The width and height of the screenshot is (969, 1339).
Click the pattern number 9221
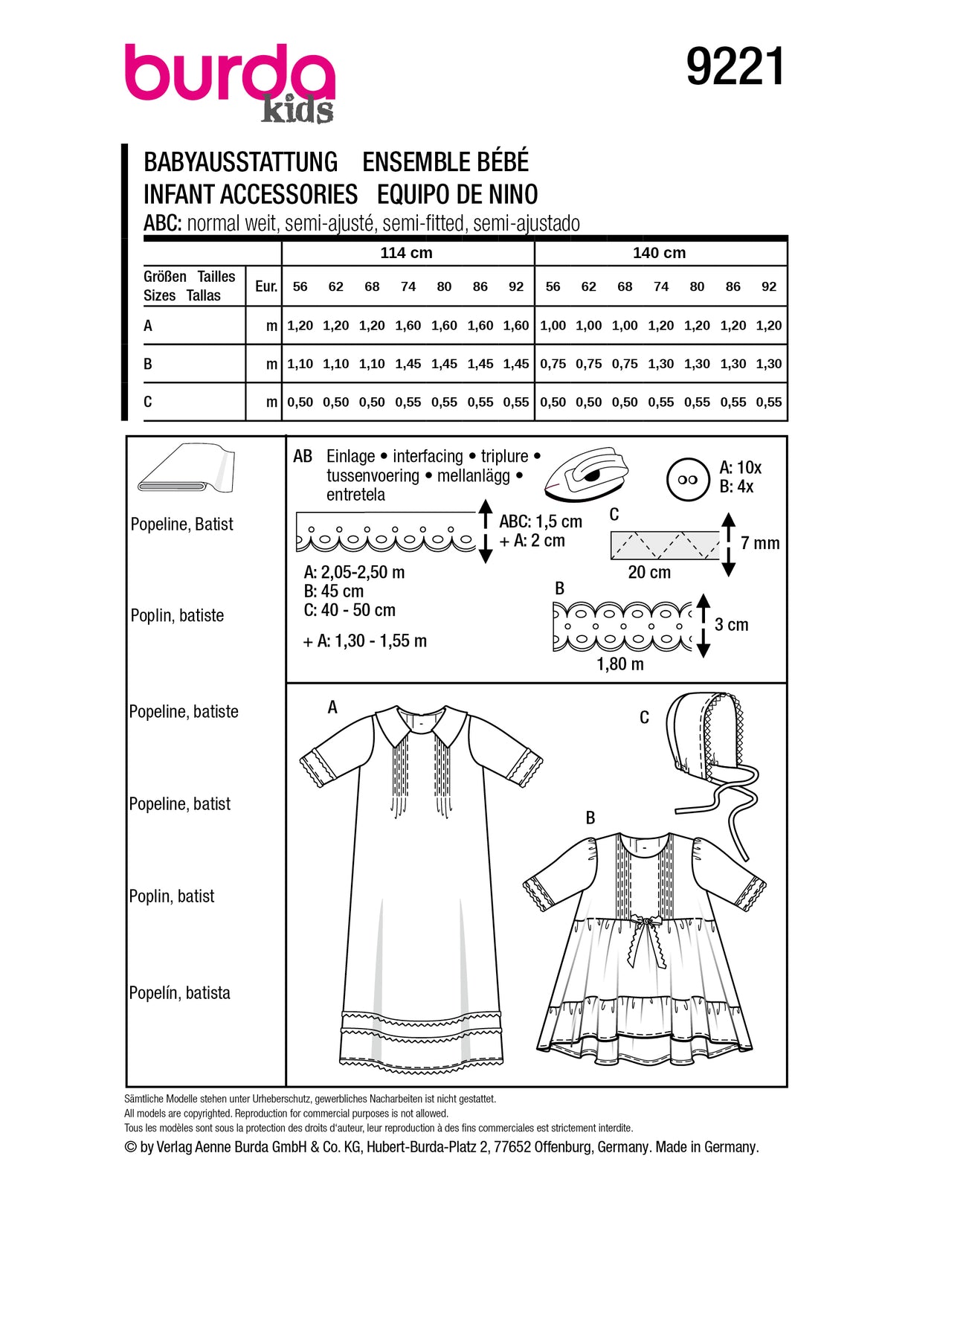[x=735, y=67]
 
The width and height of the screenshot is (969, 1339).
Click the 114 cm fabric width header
[x=406, y=253]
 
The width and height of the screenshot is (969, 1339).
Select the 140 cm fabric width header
[x=659, y=253]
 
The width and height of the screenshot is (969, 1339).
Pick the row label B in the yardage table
[x=148, y=364]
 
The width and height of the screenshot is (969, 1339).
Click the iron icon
[x=587, y=473]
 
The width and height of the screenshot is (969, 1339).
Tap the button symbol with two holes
[x=688, y=480]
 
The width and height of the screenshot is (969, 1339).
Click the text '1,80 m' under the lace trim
[x=620, y=664]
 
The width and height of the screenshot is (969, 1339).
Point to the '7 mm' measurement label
[x=760, y=544]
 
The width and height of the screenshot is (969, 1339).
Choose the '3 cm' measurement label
[x=732, y=625]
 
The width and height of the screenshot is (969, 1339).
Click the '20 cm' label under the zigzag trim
[x=649, y=572]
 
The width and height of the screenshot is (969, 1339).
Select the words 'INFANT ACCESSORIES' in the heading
[x=251, y=195]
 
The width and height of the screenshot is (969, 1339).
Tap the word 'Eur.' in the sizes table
[x=265, y=286]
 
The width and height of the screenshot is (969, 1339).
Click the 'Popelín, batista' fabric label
[x=179, y=993]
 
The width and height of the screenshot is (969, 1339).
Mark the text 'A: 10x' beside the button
[x=741, y=468]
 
